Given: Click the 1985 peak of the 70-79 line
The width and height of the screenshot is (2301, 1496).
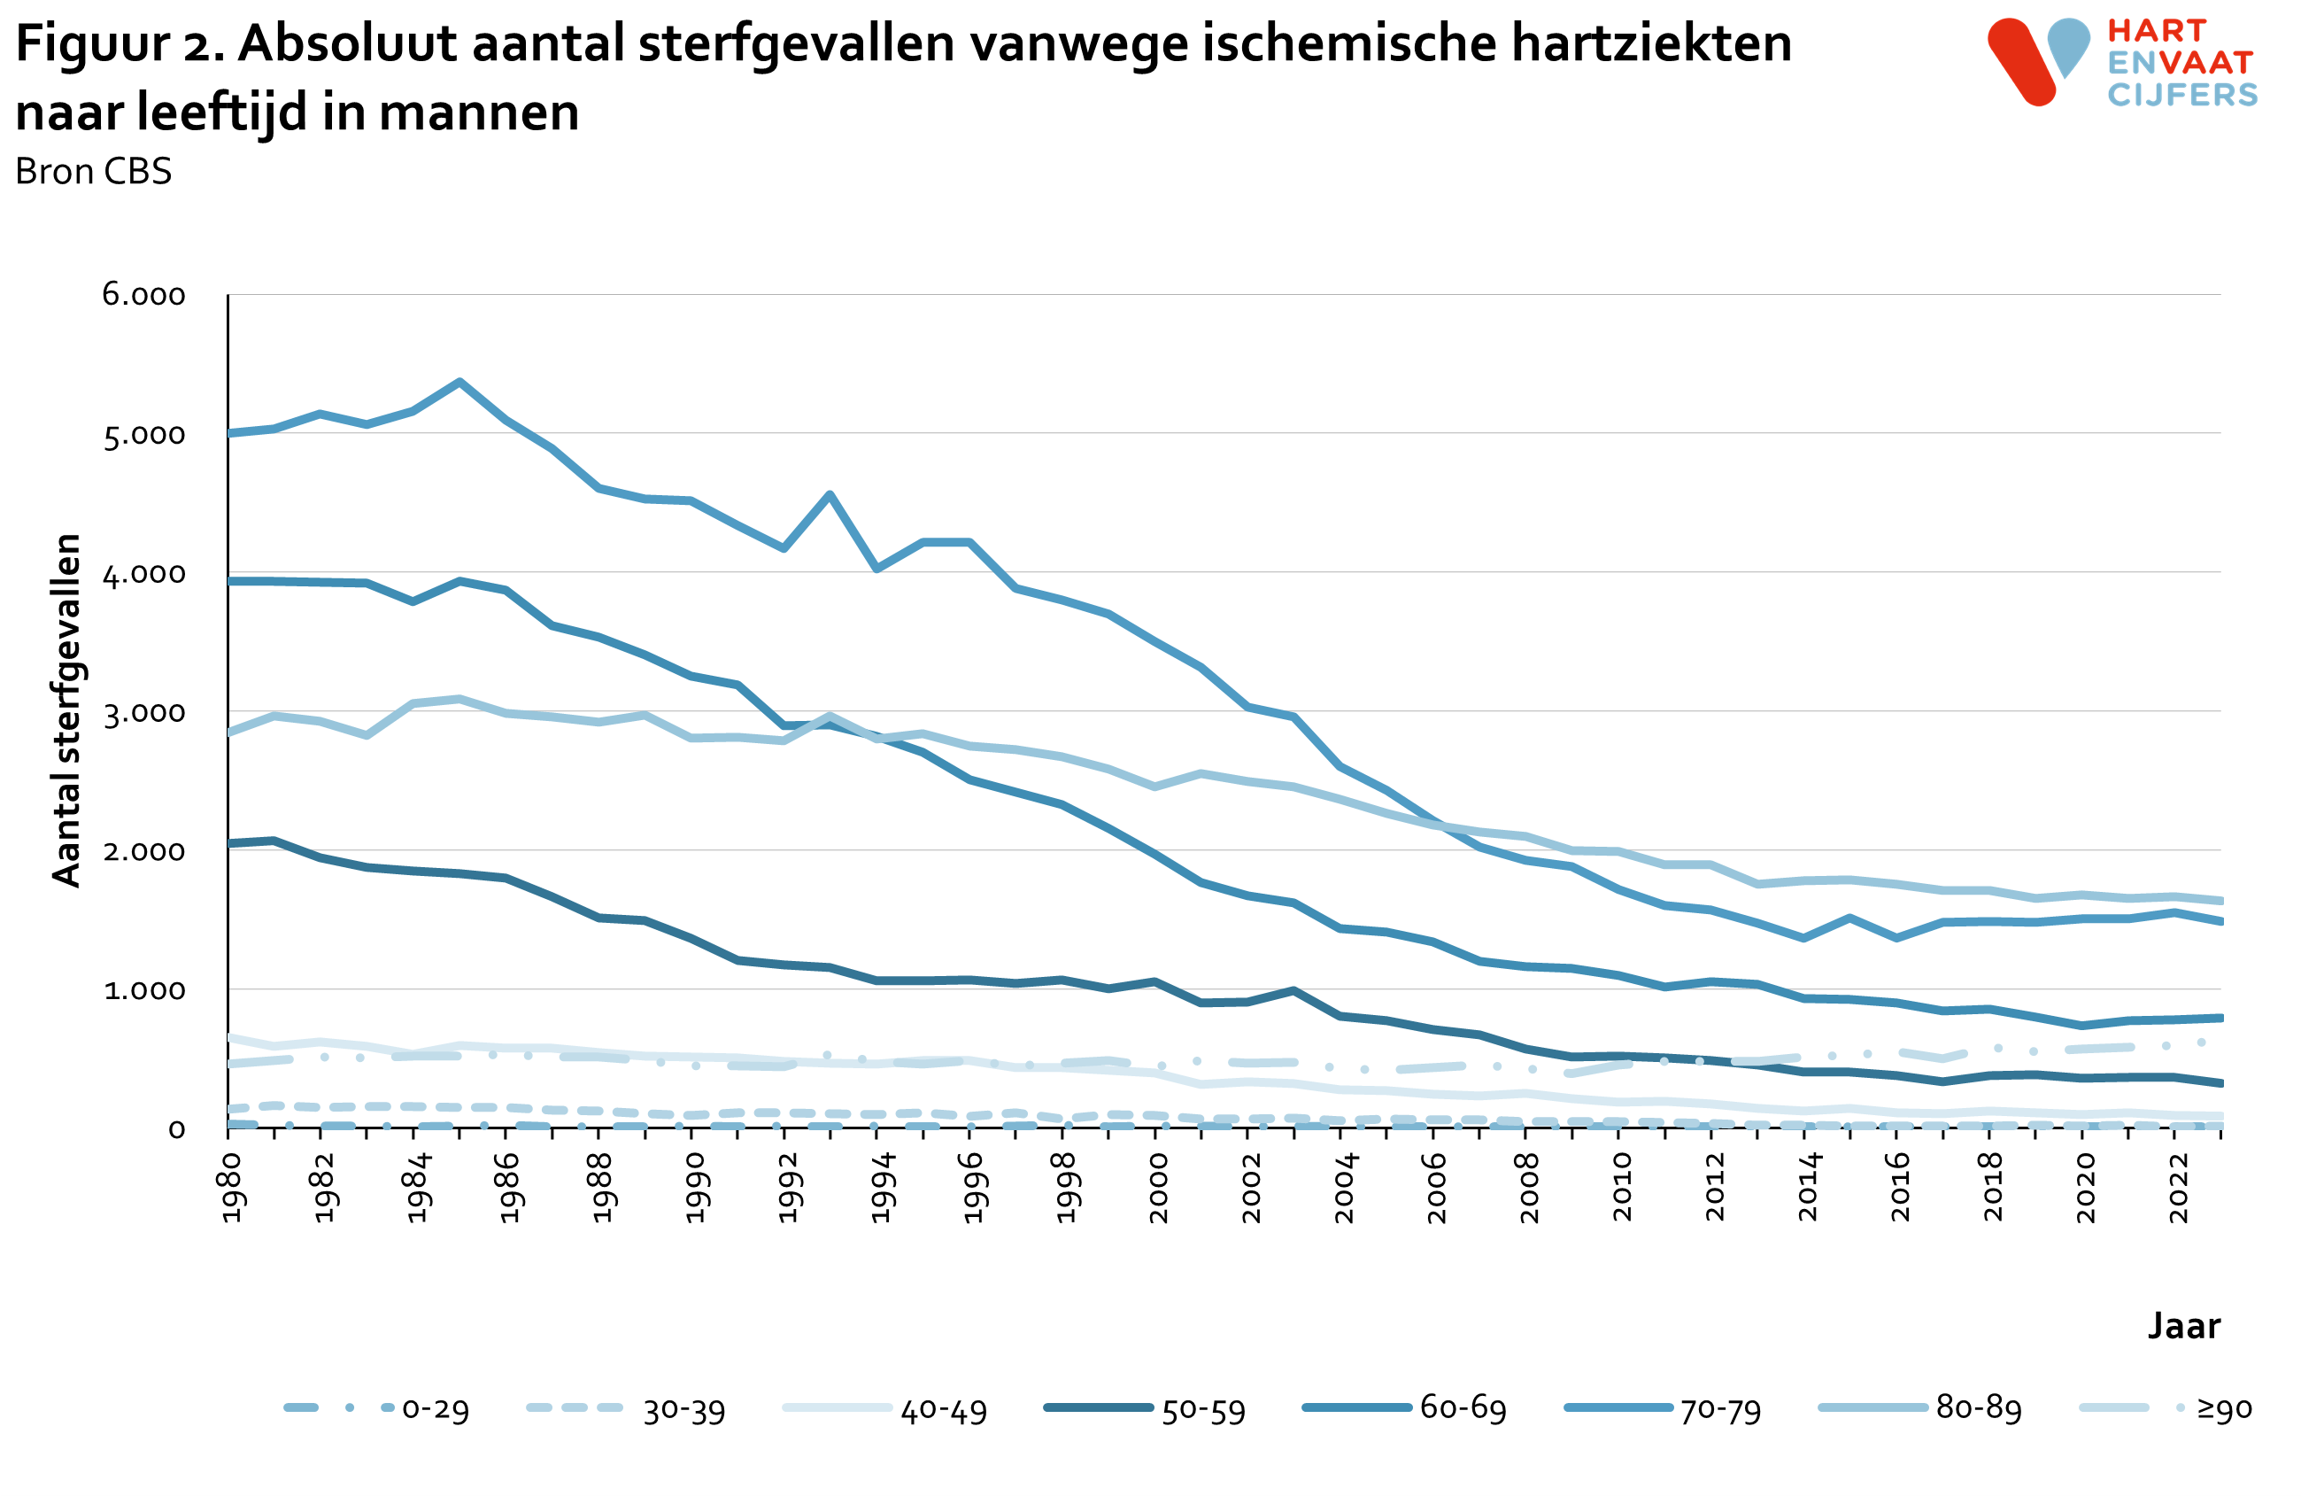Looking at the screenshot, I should point(459,382).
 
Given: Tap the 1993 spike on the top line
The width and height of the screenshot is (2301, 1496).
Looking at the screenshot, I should point(830,495).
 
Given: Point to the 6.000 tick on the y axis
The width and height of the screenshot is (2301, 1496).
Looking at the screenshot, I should point(144,295).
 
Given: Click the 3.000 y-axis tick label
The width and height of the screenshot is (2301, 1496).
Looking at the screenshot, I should point(144,713).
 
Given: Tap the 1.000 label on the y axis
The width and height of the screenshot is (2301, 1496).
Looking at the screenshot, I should point(144,990).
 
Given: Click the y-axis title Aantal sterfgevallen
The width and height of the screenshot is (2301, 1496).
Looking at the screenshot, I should point(66,710).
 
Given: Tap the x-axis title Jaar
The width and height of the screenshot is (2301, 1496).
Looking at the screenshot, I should point(2183,1325).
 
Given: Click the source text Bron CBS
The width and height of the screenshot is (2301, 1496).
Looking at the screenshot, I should point(93,172).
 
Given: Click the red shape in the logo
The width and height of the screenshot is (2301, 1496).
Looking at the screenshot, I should point(2021,62).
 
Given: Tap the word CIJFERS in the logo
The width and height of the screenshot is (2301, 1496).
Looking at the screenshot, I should point(2182,95).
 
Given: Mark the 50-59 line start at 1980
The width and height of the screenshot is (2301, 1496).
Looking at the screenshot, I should point(229,843).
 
